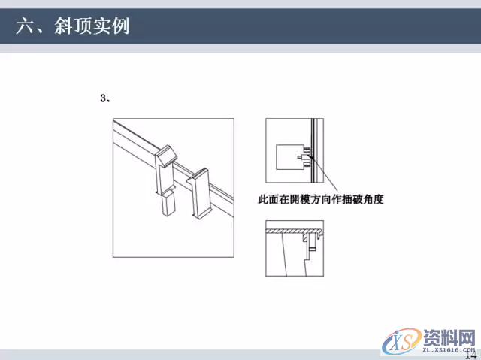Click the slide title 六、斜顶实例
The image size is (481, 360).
[x=73, y=27]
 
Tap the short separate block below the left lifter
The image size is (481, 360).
[x=167, y=203]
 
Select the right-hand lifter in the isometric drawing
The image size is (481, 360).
[x=200, y=193]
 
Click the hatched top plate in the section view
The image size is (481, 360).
[x=293, y=228]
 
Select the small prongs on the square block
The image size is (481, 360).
[x=304, y=158]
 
